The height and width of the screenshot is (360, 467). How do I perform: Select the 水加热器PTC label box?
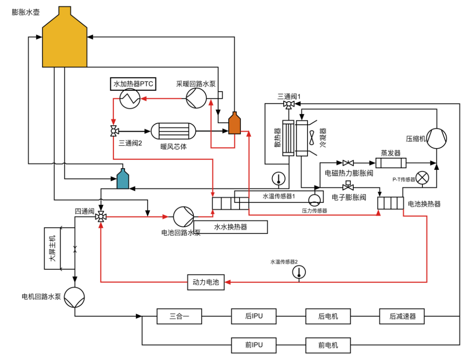pos(133,84)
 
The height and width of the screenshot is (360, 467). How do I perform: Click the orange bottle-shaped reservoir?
pos(234,124)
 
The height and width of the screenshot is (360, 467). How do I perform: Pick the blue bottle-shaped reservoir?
pos(123,179)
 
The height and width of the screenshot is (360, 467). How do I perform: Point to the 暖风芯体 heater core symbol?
pos(173,131)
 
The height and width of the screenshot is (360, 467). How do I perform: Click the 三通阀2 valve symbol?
pos(114,131)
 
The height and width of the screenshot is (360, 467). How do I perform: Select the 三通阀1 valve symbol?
pos(288,104)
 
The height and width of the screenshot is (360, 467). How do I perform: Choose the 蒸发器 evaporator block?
pos(390,163)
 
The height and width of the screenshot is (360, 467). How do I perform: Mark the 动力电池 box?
pos(206,283)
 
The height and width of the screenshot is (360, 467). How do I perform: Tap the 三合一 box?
pos(179,316)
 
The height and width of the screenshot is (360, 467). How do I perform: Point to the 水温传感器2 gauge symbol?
pos(298,272)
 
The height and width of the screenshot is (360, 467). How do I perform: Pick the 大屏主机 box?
pos(52,248)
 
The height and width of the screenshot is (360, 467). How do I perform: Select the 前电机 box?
pos(328,345)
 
